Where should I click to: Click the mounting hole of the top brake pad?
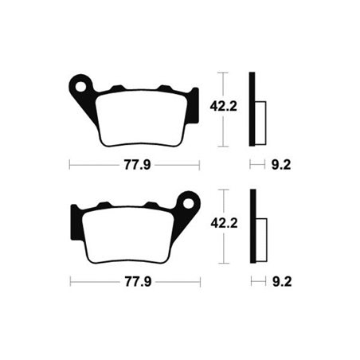pyautogui.click(x=79, y=84)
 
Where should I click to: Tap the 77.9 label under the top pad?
pyautogui.click(x=134, y=166)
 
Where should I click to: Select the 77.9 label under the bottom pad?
pyautogui.click(x=134, y=283)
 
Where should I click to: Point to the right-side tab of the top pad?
pyautogui.click(x=192, y=107)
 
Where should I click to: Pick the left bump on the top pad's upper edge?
pyautogui.click(x=117, y=88)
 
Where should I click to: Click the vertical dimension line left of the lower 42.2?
pyautogui.click(x=223, y=226)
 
